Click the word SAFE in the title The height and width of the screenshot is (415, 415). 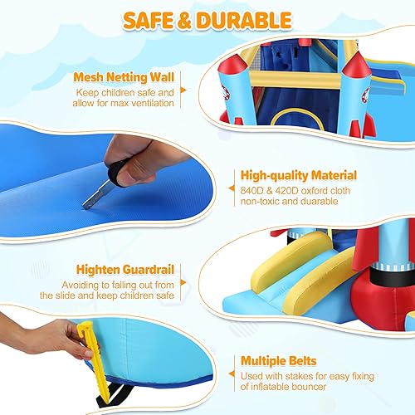coord(151,19)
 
